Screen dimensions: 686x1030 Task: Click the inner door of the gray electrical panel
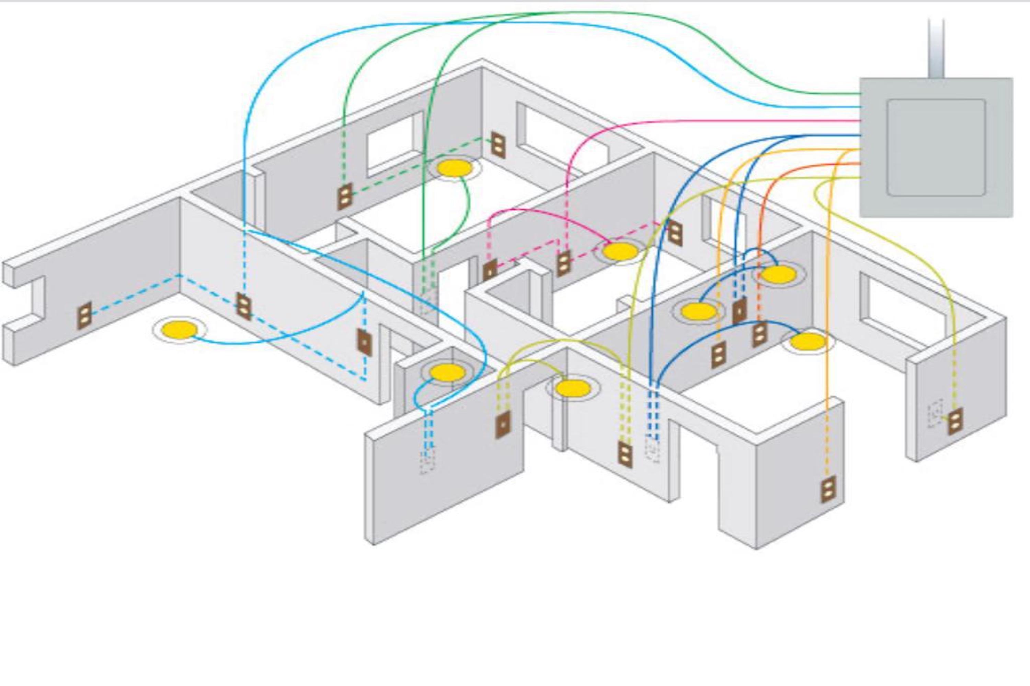tap(936, 147)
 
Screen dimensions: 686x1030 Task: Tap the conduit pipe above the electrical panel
tap(936, 48)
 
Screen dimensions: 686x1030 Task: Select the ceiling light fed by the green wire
tap(455, 168)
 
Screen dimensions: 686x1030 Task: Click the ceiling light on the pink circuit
tap(620, 251)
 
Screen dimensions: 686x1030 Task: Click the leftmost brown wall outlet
tap(84, 315)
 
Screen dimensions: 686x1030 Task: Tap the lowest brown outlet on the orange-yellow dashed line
tap(828, 490)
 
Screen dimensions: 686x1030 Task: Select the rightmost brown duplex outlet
tap(955, 421)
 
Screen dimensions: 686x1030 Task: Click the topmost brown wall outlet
tap(498, 144)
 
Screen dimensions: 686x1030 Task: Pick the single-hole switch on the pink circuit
tap(490, 270)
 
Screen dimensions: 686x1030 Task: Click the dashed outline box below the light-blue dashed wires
tap(428, 461)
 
